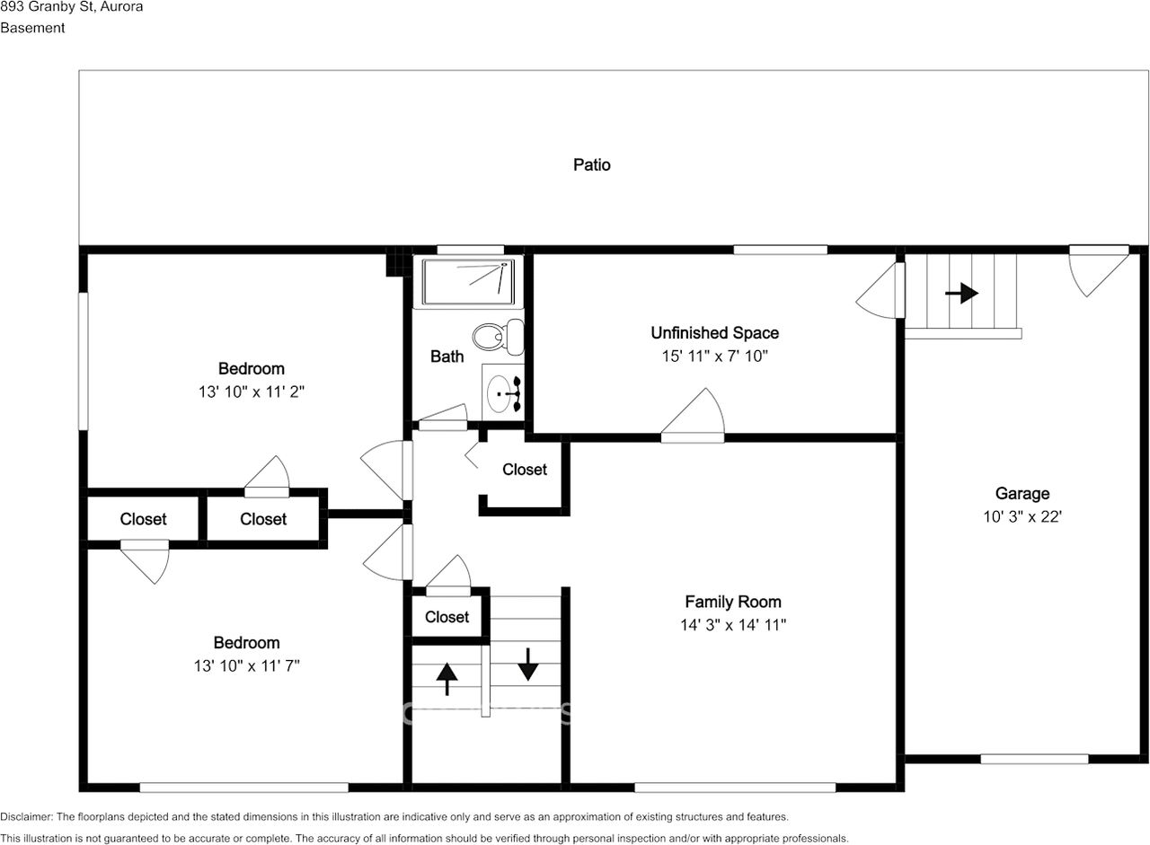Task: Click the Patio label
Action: coord(592,164)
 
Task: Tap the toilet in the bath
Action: coord(499,336)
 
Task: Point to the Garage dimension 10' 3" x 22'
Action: coord(1022,516)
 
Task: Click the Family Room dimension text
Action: coord(733,625)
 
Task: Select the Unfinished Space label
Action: coord(714,333)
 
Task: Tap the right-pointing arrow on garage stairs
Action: coord(961,293)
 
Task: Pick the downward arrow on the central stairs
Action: coord(527,664)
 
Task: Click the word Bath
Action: coord(447,356)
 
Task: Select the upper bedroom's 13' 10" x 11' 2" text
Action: coord(252,392)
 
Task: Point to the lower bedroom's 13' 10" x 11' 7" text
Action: coord(246,665)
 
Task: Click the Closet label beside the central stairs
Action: coord(447,617)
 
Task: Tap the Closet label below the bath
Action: coord(524,470)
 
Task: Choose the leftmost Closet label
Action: coord(143,519)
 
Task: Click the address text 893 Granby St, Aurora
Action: coord(71,7)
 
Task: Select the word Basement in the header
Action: coord(32,28)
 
